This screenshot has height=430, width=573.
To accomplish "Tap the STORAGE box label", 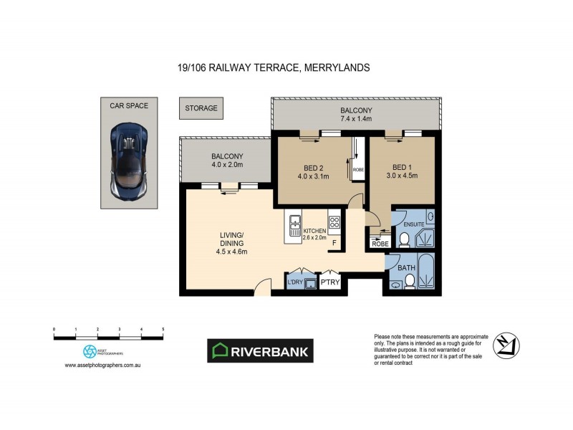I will point(201,108).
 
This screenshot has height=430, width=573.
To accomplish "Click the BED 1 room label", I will point(401,166).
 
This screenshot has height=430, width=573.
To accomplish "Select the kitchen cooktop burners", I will point(334,222).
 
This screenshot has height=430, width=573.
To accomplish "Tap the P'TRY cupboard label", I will point(329,282).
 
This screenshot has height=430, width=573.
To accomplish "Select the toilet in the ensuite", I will point(403,239).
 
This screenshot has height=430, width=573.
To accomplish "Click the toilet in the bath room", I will point(407,284).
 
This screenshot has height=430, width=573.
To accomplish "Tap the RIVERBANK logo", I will point(260,350).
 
